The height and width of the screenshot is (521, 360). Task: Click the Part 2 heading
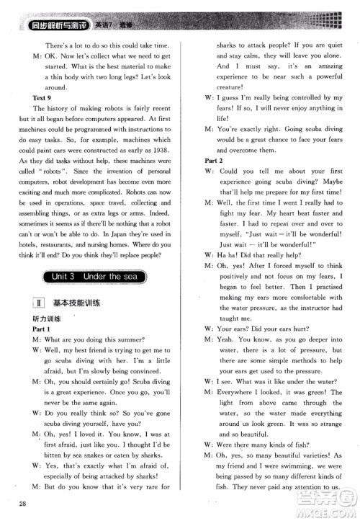[214, 161]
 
